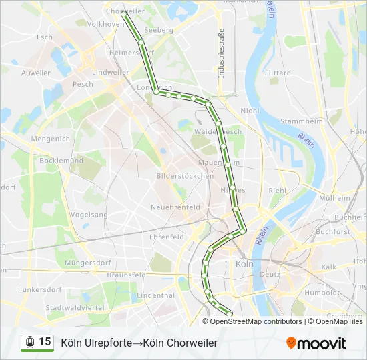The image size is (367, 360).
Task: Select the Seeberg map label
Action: click(x=158, y=30)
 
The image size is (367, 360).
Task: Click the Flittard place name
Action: click(x=278, y=73)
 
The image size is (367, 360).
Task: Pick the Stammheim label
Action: click(x=302, y=121)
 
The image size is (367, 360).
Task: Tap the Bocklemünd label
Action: click(x=61, y=161)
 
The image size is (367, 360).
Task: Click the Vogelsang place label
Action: click(x=89, y=215)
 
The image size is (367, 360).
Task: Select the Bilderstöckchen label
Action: click(x=185, y=176)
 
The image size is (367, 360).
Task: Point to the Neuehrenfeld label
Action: click(x=176, y=207)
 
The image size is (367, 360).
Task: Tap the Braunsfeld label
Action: click(x=126, y=275)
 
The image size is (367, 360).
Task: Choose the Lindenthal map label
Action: click(x=155, y=295)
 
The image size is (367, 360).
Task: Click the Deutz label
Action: click(x=270, y=274)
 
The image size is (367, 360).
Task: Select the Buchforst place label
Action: click(x=333, y=232)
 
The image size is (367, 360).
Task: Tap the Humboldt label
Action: click(x=322, y=292)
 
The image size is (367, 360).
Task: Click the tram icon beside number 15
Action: click(x=29, y=342)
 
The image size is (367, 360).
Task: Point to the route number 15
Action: click(x=45, y=341)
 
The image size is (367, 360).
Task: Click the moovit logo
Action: click(x=316, y=343)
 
